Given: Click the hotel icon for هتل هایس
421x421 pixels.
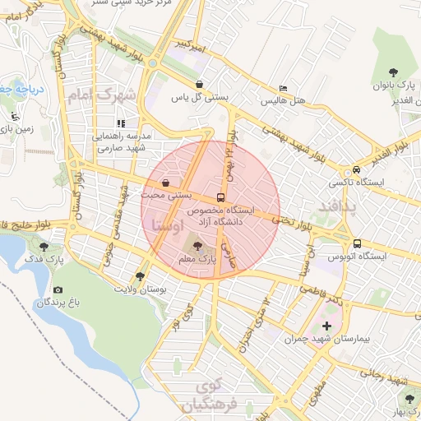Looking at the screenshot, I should coord(284,88).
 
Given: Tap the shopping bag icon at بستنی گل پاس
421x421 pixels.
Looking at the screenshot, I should coord(200,83).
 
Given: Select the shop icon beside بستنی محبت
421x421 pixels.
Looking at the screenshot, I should coord(167,183).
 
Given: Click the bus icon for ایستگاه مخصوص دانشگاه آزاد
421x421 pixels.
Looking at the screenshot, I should coord(220,197).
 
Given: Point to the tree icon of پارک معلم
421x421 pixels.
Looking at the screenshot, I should coord(196,245).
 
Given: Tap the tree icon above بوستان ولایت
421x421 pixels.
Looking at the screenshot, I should coord(141,277).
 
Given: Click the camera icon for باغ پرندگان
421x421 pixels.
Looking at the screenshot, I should coord(58,290).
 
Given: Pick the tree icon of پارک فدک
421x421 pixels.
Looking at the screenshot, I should coord(44,246).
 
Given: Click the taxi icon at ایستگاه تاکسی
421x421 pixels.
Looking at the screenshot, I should coord(356,169).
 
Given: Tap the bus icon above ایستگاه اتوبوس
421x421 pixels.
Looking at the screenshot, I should coord(358,243).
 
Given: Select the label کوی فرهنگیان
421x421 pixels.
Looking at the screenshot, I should coord(205,396).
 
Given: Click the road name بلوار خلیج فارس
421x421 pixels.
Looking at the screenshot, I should coord(30,223).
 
